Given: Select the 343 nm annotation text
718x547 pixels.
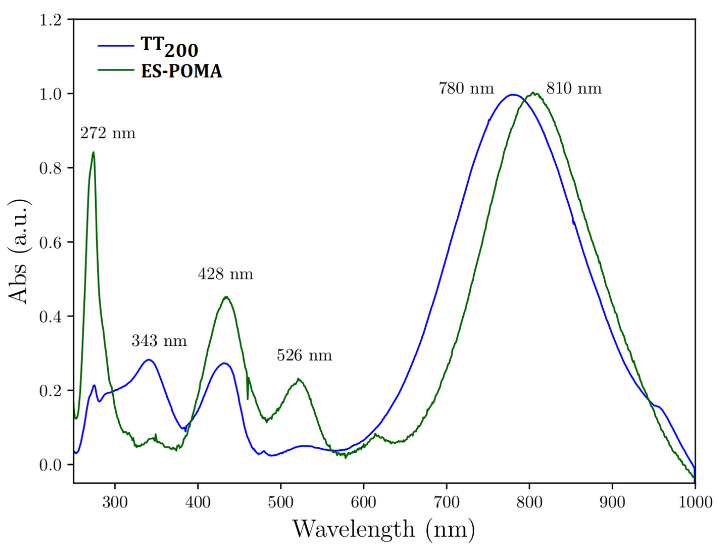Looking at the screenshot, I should tap(159, 341).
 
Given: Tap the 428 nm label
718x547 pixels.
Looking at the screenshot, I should tap(225, 274).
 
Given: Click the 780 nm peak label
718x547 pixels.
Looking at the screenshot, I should tap(467, 88).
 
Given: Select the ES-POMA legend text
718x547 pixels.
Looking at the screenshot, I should tap(182, 71).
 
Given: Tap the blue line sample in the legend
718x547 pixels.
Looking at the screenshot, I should tap(116, 46).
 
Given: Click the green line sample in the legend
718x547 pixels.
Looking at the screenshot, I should tap(116, 70).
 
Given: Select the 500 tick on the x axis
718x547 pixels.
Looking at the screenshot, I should tap(280, 502).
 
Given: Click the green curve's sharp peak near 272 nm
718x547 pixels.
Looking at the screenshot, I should tap(93, 152).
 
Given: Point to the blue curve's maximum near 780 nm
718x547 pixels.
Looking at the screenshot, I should tap(513, 95).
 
